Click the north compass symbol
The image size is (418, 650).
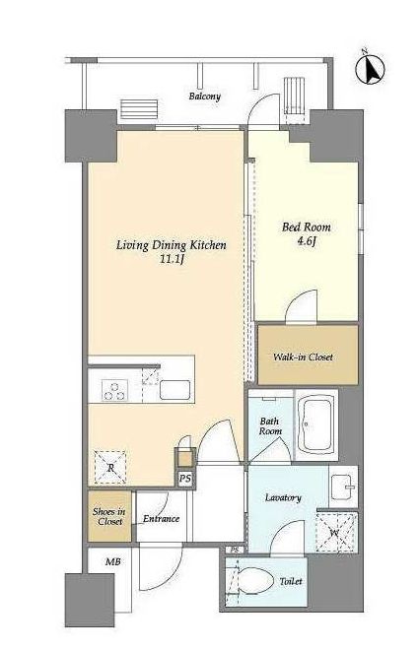pyautogui.click(x=370, y=69)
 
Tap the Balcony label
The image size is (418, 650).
pyautogui.click(x=205, y=97)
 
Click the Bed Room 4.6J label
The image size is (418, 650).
pyautogui.click(x=307, y=233)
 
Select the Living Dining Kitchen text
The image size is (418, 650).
pyautogui.click(x=171, y=245)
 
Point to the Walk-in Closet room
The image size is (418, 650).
pyautogui.click(x=308, y=355)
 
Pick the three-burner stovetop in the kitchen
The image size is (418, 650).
pyautogui.click(x=115, y=390)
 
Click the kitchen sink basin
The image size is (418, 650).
pyautogui.click(x=175, y=390)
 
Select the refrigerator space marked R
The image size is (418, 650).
pyautogui.click(x=110, y=467)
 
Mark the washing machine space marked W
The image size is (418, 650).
pyautogui.click(x=336, y=532)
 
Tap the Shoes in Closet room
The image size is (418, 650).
pyautogui.click(x=109, y=516)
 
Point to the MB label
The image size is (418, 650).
pyautogui.click(x=113, y=562)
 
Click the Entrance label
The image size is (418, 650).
pyautogui.click(x=161, y=519)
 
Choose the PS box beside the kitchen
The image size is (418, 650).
pyautogui.click(x=185, y=479)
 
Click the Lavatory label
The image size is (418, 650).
pyautogui.click(x=283, y=497)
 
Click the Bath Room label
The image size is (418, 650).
pyautogui.click(x=270, y=426)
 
